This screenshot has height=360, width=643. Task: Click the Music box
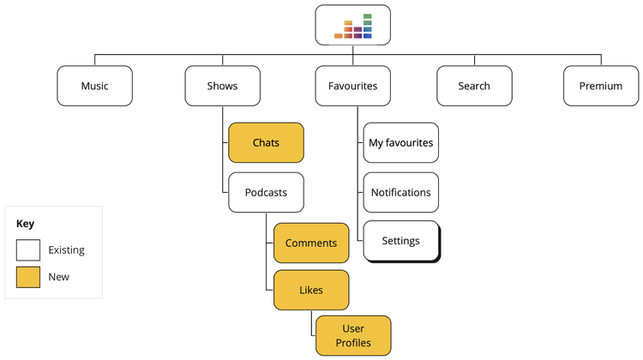[94, 86]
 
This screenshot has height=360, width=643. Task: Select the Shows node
[222, 86]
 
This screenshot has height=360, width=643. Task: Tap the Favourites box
[352, 86]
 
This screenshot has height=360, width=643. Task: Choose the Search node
[474, 86]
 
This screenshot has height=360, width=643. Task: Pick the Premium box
[601, 86]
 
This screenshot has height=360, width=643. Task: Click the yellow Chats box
[266, 142]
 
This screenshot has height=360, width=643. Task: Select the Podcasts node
[266, 192]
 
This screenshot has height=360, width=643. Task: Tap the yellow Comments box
[311, 243]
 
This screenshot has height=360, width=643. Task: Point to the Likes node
[311, 290]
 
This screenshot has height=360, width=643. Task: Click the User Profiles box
[353, 335]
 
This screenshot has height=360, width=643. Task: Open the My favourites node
[400, 142]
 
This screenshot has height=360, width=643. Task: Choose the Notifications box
[400, 192]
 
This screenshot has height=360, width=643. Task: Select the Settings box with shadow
[401, 242]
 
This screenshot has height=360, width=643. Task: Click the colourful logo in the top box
[353, 27]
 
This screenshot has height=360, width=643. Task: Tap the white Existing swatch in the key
[28, 250]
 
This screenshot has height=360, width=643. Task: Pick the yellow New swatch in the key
[28, 277]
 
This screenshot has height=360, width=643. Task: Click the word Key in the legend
[25, 224]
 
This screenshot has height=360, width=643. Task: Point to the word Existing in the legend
[66, 250]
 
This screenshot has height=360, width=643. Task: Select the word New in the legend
[58, 277]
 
